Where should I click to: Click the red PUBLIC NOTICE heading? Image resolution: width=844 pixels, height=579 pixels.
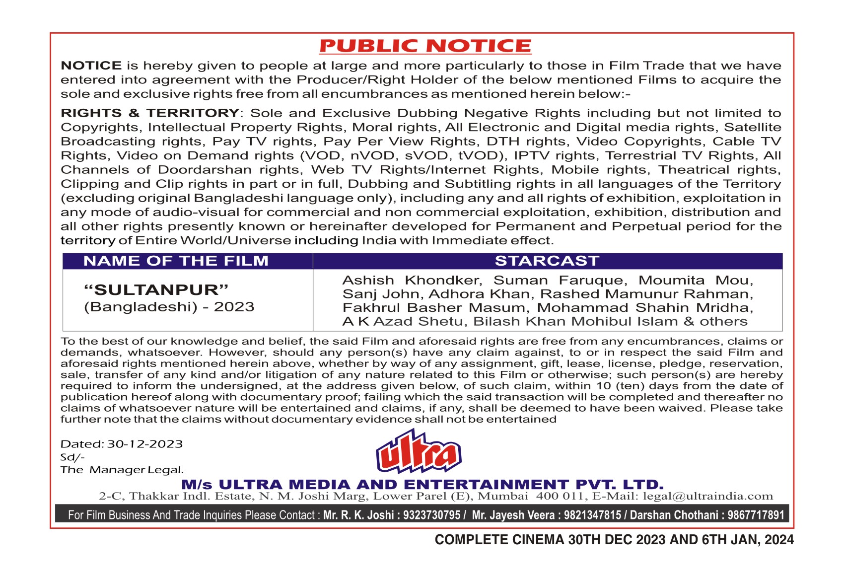425,46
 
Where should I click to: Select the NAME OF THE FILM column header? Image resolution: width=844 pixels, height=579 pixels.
176,261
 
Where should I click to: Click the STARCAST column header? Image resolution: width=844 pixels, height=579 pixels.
547,261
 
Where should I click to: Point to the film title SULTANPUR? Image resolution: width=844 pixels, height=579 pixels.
156,290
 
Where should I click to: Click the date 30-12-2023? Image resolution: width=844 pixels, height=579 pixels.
145,444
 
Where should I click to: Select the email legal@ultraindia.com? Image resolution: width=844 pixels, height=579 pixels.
708,496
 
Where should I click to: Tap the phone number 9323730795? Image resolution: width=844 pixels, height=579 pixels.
431,515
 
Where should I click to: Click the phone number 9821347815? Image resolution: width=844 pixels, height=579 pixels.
592,515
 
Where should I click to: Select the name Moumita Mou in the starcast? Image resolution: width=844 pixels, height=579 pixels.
696,281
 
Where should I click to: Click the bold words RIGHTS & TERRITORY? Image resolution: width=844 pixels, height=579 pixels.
150,113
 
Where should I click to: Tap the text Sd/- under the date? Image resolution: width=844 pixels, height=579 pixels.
72,457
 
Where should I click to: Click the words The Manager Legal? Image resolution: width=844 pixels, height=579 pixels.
122,470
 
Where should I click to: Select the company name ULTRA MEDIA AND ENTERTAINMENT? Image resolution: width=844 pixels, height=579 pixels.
395,485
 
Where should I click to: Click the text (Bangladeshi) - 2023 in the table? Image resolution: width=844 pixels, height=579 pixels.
169,307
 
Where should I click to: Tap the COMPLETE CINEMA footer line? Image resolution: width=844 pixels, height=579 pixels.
614,540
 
